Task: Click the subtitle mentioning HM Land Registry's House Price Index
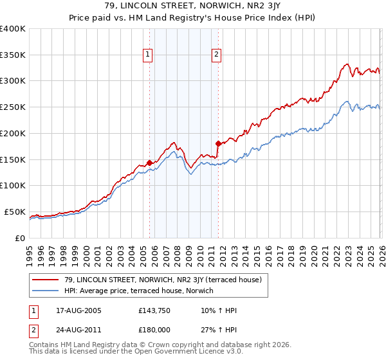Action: (192, 19)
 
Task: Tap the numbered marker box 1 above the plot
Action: (149, 55)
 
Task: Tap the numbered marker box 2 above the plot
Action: (217, 55)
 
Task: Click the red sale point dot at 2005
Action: (149, 163)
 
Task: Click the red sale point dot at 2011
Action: (218, 143)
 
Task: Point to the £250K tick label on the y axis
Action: (13, 107)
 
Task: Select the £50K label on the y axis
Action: (15, 212)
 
